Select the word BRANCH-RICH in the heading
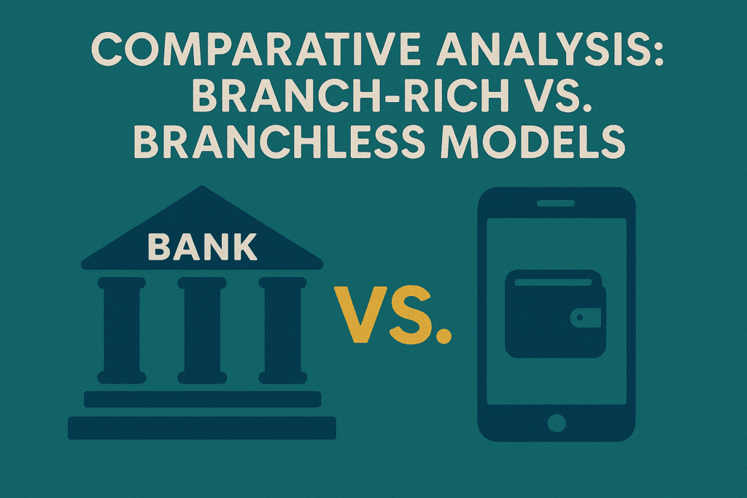point(349,96)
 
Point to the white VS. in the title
point(557,96)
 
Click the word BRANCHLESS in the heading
point(278,141)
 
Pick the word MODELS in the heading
point(532,141)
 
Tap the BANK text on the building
point(203,246)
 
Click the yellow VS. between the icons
point(392,314)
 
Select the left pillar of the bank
point(122,330)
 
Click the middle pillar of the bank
point(201,330)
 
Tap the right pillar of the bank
point(282,330)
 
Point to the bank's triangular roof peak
point(203,186)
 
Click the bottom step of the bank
point(202,428)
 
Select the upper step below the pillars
point(203,400)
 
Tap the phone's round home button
point(557,423)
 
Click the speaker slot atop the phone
point(556,203)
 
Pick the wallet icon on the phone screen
point(555,314)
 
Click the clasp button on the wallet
point(580,317)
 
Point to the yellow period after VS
point(444,335)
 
